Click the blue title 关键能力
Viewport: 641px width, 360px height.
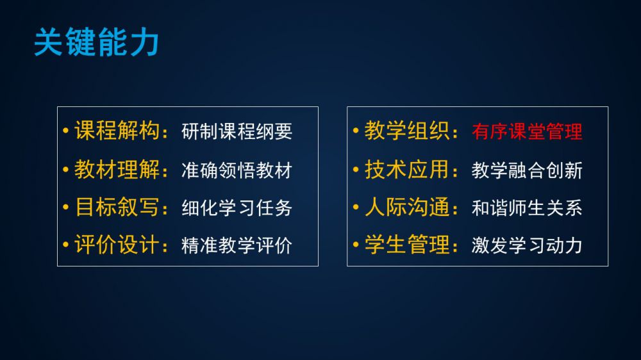click(x=96, y=42)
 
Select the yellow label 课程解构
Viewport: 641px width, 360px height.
click(x=117, y=131)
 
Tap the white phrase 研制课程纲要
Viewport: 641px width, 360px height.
click(x=237, y=131)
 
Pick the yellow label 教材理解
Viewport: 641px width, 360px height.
click(x=117, y=169)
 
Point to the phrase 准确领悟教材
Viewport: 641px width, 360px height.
click(x=237, y=170)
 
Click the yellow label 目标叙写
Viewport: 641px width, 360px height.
click(x=117, y=207)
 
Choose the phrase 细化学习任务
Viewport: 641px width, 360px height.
click(x=237, y=208)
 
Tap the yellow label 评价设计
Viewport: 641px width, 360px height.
click(x=117, y=245)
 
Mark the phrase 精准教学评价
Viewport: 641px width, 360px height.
click(x=237, y=245)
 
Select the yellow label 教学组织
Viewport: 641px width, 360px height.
click(x=407, y=131)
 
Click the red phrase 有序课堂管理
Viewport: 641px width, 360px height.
click(x=527, y=131)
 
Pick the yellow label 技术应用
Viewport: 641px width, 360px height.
click(x=407, y=169)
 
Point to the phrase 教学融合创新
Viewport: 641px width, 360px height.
click(x=527, y=170)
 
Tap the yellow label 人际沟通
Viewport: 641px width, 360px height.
click(x=407, y=207)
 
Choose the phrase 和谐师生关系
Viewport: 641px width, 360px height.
click(x=527, y=208)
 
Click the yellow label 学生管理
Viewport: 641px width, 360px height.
click(x=407, y=245)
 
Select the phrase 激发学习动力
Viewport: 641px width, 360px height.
click(x=527, y=245)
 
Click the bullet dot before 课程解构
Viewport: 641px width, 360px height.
click(x=66, y=131)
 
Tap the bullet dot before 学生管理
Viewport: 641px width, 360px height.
click(x=356, y=245)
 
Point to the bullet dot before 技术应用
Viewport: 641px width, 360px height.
click(x=356, y=169)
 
